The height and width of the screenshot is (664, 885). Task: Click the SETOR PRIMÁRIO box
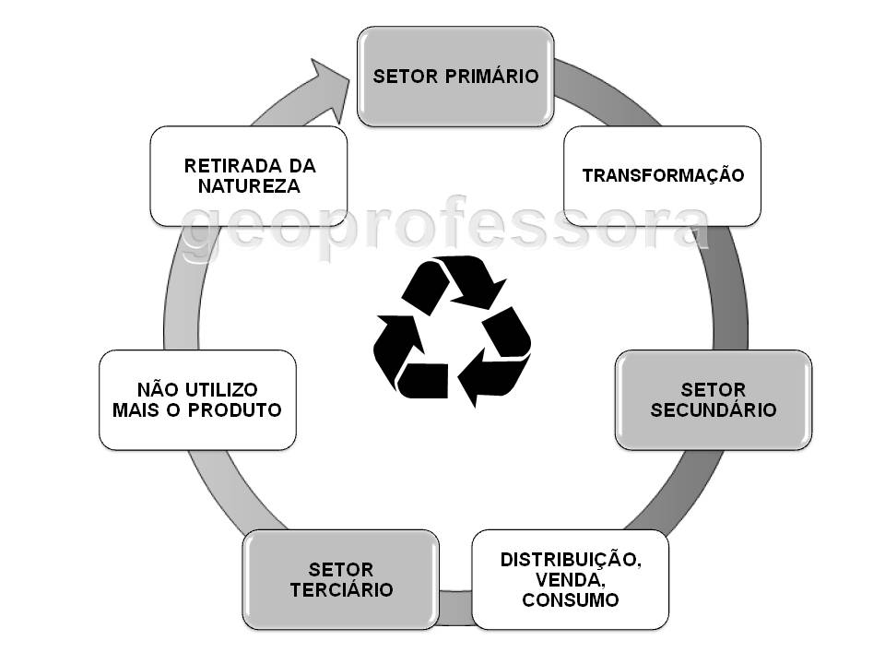tap(455, 77)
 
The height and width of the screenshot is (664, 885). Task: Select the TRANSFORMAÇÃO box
tap(662, 175)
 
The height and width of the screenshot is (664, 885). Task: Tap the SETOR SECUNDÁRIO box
tap(714, 399)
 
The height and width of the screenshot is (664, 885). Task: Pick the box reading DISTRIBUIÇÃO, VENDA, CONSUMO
tap(570, 579)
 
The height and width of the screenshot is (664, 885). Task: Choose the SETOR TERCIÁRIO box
tap(340, 579)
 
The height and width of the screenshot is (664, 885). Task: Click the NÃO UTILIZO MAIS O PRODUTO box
tap(197, 399)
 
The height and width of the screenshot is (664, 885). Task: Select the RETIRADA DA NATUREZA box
tap(249, 175)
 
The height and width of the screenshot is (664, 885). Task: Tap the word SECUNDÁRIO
tap(714, 410)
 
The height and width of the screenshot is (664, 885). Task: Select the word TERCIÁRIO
tap(341, 590)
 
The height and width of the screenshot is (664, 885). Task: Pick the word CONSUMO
tap(570, 600)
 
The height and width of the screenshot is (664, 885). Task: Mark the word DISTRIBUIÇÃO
tap(570, 559)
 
